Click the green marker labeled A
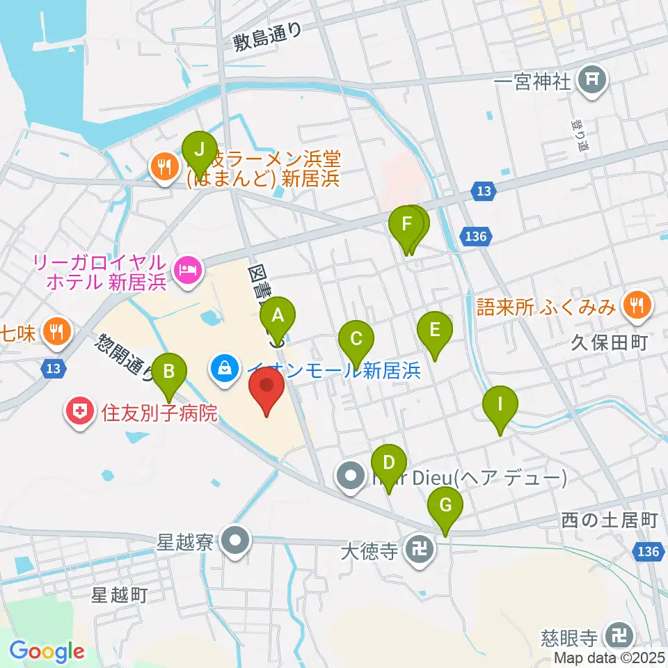pyautogui.click(x=278, y=317)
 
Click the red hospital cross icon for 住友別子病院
pyautogui.click(x=80, y=412)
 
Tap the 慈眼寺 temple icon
pyautogui.click(x=617, y=635)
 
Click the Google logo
pyautogui.click(x=47, y=651)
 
